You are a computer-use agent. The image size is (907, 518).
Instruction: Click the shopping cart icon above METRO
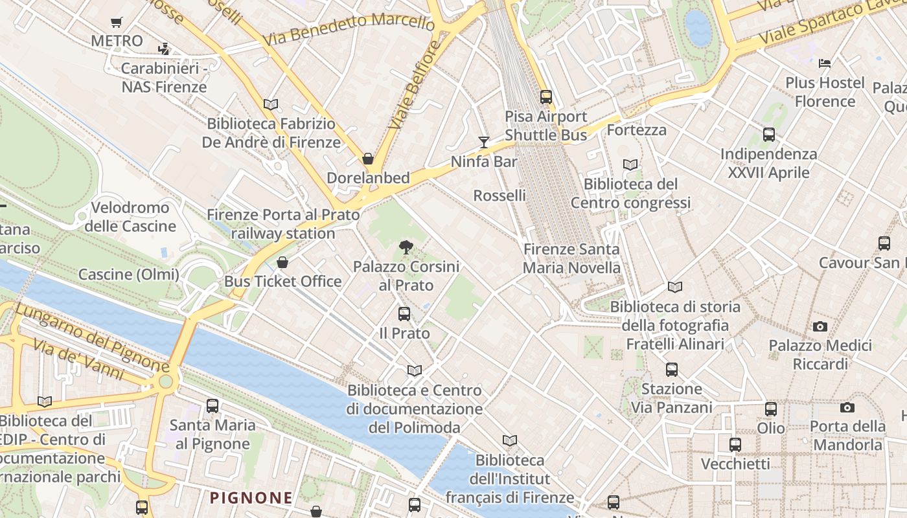117,23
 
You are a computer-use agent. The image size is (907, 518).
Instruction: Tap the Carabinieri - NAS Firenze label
164,78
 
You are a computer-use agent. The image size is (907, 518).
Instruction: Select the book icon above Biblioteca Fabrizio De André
271,104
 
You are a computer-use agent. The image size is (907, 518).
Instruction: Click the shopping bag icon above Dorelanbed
368,159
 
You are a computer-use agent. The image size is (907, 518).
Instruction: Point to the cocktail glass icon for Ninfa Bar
483,142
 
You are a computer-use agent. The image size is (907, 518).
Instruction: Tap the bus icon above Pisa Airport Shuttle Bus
546,97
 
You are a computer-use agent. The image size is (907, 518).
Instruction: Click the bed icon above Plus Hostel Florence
825,63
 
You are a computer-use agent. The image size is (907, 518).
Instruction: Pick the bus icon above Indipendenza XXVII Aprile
769,135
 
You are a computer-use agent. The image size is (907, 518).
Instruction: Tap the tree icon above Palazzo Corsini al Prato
406,247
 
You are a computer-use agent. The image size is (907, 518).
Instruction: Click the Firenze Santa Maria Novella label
571,258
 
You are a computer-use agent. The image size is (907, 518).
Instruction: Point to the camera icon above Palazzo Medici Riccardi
820,326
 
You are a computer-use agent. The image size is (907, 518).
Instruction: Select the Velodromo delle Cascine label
130,217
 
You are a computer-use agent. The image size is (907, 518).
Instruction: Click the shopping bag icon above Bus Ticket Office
282,262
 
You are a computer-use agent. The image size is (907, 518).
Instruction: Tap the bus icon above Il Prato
404,314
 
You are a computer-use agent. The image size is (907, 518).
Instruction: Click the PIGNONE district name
251,498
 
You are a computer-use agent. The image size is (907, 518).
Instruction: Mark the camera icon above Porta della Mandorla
847,407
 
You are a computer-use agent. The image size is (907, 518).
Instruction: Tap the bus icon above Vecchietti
735,445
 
